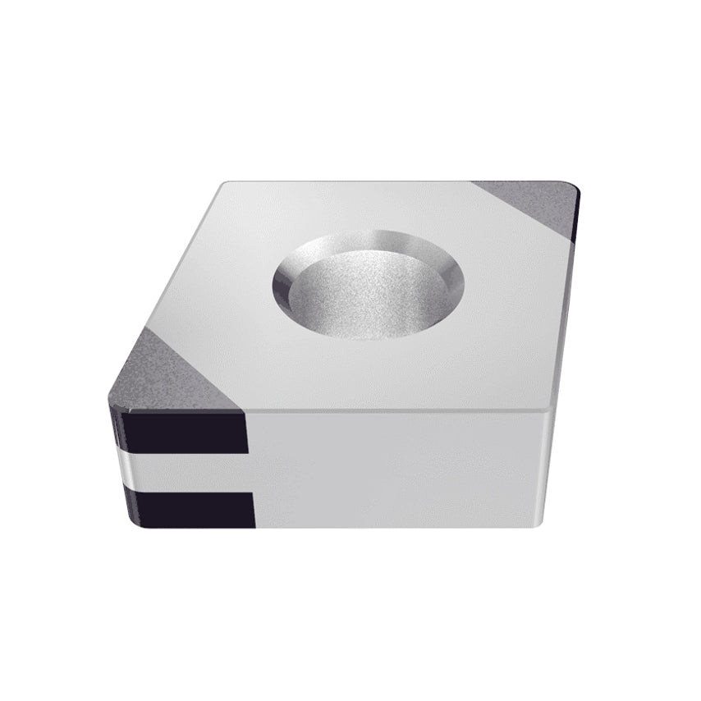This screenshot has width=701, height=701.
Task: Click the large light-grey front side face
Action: tap(394, 468)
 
